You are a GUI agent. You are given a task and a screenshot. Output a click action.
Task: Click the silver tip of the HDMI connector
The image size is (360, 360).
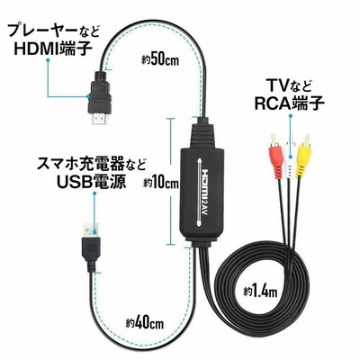pyautogui.click(x=100, y=119)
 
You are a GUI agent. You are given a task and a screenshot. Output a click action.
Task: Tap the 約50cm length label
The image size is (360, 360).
pyautogui.click(x=160, y=59)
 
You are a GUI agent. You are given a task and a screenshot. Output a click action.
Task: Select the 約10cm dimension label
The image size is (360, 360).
pyautogui.click(x=160, y=183)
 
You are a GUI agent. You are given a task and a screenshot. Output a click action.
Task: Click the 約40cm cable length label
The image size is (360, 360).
pyautogui.click(x=145, y=323)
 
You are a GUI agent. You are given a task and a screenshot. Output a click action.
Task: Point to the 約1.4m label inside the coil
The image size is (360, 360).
pyautogui.click(x=260, y=291)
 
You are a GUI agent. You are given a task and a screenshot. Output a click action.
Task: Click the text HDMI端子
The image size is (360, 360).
pyautogui.click(x=53, y=48)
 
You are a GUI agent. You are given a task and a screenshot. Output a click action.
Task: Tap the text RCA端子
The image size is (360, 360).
pyautogui.click(x=290, y=103)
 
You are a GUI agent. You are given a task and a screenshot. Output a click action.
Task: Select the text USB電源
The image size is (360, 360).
pyautogui.click(x=91, y=181)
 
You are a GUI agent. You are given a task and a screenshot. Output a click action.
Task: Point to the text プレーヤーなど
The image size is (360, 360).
pyautogui.click(x=53, y=30)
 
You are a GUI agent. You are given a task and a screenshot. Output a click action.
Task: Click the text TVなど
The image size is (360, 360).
pyautogui.click(x=290, y=86)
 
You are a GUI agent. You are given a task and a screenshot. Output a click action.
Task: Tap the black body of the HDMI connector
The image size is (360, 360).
pyautogui.click(x=100, y=92)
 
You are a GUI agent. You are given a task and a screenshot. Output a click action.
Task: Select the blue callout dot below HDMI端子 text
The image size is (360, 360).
pyautogui.click(x=48, y=60)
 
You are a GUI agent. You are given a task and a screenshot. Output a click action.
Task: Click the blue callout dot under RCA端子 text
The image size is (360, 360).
pyautogui.click(x=290, y=115)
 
